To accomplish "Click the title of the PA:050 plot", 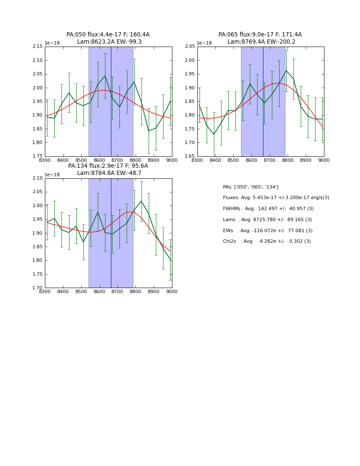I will pos(108,38).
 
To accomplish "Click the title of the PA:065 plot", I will pos(260,38).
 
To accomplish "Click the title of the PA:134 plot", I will pos(108,169).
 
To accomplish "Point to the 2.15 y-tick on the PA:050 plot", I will pos(38,47).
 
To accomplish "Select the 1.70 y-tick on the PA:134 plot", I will pos(38,288).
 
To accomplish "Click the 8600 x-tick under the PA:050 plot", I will pos(99,160).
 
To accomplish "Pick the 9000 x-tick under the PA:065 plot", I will pos(324,160).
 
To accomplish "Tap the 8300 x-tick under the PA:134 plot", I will pos(45,291).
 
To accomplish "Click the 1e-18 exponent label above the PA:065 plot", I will pos(205,43).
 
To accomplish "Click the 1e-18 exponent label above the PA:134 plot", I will pos(52,175).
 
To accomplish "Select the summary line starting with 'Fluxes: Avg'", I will pos(276,198).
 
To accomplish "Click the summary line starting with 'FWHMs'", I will pos(268,208).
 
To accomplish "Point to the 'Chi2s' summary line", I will pos(267,241).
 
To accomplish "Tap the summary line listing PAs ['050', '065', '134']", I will pos(250,187).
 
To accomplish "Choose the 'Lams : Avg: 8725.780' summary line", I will pos(267,219).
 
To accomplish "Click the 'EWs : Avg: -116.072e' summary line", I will pos(268,230).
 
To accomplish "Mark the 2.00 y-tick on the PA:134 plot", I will pos(38,205).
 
